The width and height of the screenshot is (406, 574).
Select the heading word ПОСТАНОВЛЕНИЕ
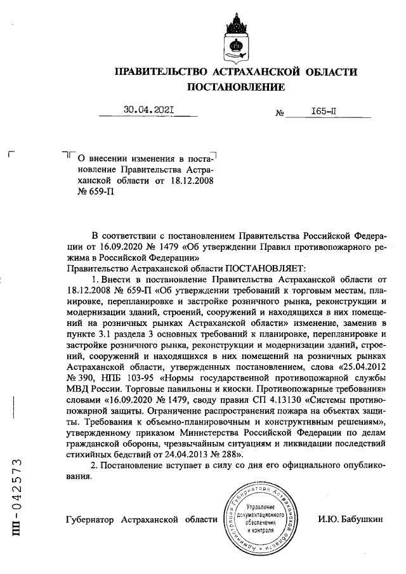pos(235,86)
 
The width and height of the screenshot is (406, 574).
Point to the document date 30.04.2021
pos(148,110)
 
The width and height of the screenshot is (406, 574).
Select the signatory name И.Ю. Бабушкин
pos(351,519)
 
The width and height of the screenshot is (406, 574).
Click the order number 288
pos(227,455)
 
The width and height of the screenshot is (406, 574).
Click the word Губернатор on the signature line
pos(89,519)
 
